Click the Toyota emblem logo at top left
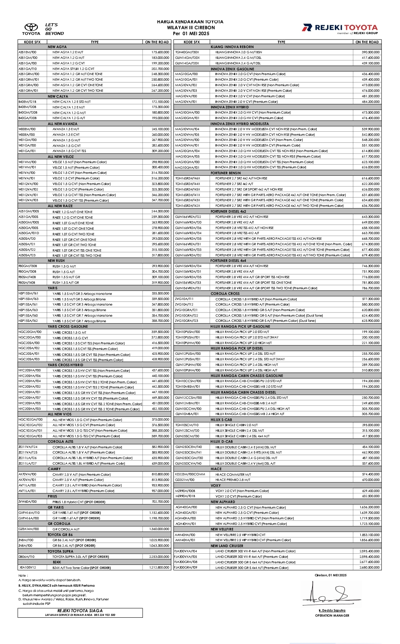[x=31, y=27]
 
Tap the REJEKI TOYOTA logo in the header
[x=340, y=28]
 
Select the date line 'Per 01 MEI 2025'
[x=191, y=33]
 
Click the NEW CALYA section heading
[x=58, y=96]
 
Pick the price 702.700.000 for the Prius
[x=160, y=502]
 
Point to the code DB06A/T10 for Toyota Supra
[x=27, y=556]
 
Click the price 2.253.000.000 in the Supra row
[x=159, y=556]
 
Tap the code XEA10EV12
[x=28, y=567]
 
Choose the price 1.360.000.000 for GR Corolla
[x=159, y=529]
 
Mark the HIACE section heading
[x=216, y=469]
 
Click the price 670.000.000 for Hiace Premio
[x=371, y=480]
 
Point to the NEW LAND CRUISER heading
[x=227, y=546]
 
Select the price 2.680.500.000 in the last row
[x=369, y=567]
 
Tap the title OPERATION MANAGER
[x=332, y=616]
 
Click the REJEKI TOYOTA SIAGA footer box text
[x=80, y=611]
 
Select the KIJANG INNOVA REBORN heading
[x=232, y=47]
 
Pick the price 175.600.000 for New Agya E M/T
[x=160, y=52]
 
